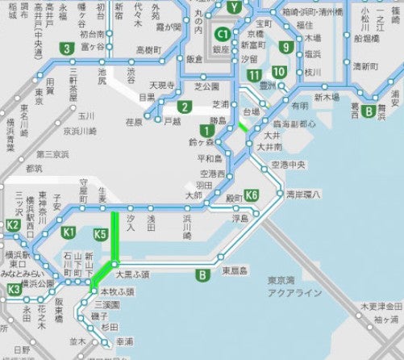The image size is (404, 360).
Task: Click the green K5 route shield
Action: click(x=101, y=235)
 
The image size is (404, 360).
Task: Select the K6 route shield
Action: click(x=252, y=195)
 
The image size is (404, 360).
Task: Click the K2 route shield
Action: click(x=13, y=225)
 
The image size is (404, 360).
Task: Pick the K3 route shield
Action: click(x=13, y=290)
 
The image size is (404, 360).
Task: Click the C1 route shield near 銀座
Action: click(x=222, y=35)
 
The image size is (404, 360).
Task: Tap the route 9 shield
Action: click(x=285, y=47)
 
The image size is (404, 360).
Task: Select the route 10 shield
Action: click(x=279, y=72)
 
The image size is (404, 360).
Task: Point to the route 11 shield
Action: click(x=256, y=76)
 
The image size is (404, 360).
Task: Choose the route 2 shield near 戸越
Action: click(x=185, y=107)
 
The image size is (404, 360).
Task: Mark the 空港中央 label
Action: click(x=288, y=165)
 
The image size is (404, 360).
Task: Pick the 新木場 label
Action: click(x=327, y=98)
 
